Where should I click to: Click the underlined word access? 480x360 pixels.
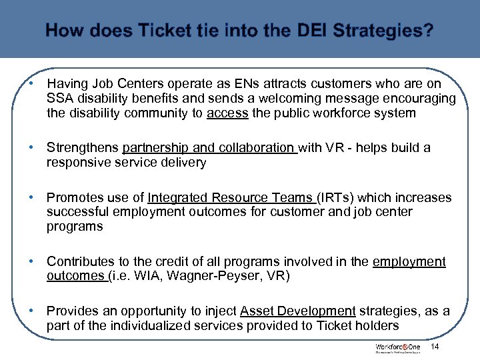pos(227,113)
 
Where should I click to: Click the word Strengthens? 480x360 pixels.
pos(83,147)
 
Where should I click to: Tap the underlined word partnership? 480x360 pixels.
pos(154,147)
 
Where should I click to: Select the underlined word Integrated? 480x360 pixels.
pos(176,197)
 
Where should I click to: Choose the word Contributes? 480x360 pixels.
pos(82,261)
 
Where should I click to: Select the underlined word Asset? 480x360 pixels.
pos(255,311)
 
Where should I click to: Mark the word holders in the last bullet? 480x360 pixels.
pos(379,326)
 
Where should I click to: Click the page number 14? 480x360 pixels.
pos(435,347)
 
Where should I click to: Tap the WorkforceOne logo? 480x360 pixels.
pos(398,349)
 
